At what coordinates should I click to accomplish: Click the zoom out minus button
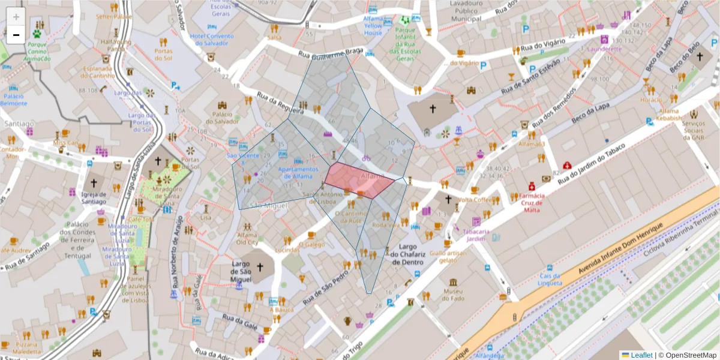pyautogui.click(x=16, y=35)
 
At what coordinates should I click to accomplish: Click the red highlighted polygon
pyautogui.click(x=358, y=180)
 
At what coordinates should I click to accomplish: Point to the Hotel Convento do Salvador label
pyautogui.click(x=212, y=40)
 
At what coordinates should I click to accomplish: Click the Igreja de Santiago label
pyautogui.click(x=94, y=197)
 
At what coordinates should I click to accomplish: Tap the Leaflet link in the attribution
pyautogui.click(x=641, y=355)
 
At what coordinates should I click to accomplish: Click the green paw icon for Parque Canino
pyautogui.click(x=37, y=34)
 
